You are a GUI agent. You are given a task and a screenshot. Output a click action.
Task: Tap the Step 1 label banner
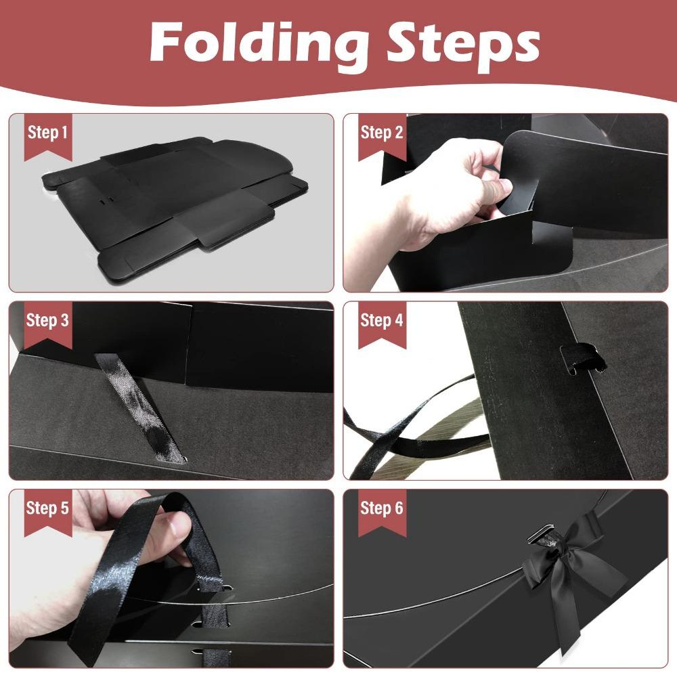(x=47, y=133)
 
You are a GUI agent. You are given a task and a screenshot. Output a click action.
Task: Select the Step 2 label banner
(x=381, y=133)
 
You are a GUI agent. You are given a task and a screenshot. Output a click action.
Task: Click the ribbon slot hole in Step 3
(x=177, y=461)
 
